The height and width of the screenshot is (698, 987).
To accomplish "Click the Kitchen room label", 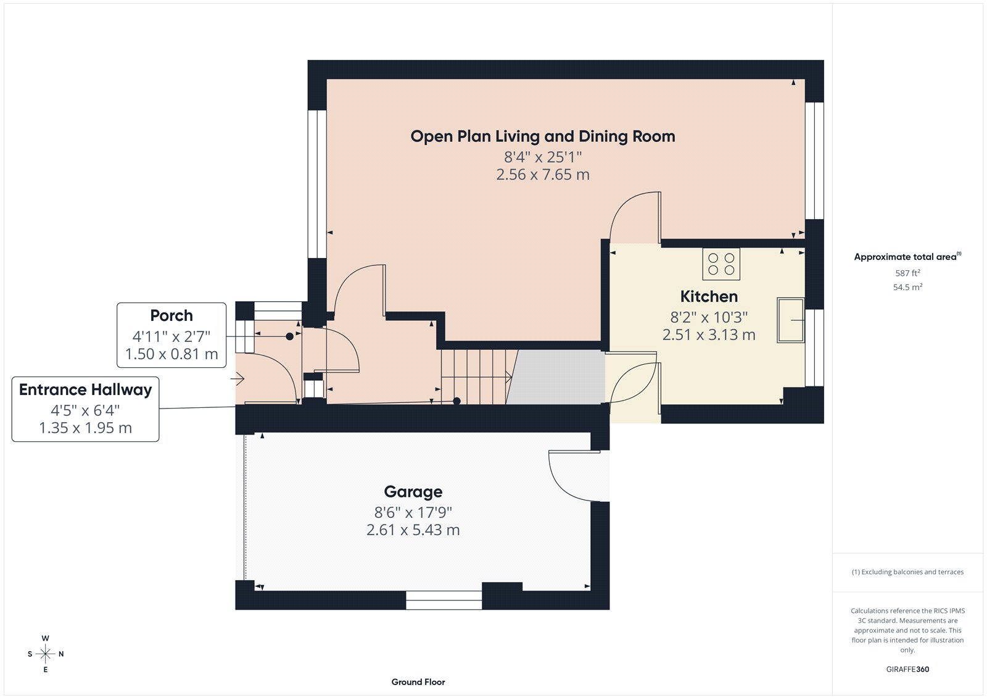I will pyautogui.click(x=709, y=296).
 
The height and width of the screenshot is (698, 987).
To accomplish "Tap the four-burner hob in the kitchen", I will pyautogui.click(x=721, y=264).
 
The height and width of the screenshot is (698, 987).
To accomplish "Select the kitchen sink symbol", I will pyautogui.click(x=790, y=320).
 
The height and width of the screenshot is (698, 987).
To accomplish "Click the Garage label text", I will pyautogui.click(x=413, y=491).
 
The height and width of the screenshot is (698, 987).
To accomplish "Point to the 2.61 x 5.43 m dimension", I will pyautogui.click(x=413, y=530).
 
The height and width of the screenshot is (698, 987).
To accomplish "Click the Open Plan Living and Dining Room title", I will pyautogui.click(x=543, y=136).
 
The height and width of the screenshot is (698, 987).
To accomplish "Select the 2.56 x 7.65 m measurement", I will pyautogui.click(x=543, y=175).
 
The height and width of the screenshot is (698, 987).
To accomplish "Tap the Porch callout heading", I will pyautogui.click(x=171, y=315).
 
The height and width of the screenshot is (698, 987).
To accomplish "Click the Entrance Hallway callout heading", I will pyautogui.click(x=85, y=389).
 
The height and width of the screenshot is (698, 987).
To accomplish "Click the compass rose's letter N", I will pyautogui.click(x=61, y=654).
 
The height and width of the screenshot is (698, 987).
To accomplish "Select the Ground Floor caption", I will pyautogui.click(x=418, y=682).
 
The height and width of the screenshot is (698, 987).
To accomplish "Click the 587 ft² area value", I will pyautogui.click(x=907, y=273).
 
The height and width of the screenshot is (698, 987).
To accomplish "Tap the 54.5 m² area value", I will pyautogui.click(x=907, y=287).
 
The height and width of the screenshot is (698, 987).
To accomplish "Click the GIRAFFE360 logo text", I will pyautogui.click(x=907, y=669).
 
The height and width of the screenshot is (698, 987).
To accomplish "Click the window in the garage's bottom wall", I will pyautogui.click(x=444, y=600).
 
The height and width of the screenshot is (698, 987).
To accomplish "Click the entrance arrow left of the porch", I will pyautogui.click(x=238, y=379).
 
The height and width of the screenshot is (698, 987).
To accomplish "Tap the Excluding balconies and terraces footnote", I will pyautogui.click(x=907, y=572).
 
